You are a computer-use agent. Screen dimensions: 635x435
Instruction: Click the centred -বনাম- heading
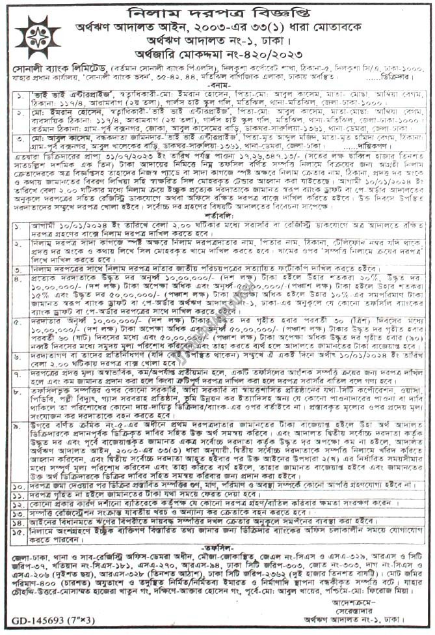[x=218, y=84]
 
